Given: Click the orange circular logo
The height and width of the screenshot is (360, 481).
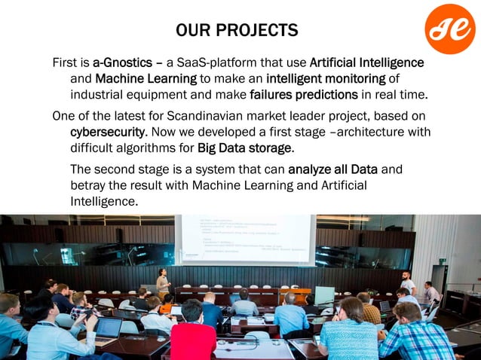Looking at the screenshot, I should tap(449, 29).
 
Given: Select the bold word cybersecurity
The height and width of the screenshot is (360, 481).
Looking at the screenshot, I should tap(108, 133).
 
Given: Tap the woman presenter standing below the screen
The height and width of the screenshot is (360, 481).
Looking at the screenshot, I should tap(162, 282).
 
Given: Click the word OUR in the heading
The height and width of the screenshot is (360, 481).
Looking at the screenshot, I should tap(192, 31).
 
